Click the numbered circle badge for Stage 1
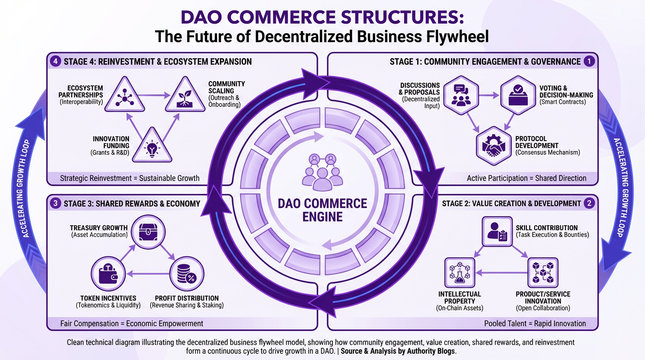click(589, 61)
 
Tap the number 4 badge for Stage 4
click(55, 61)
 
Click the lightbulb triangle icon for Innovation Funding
click(151, 147)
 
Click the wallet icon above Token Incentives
click(107, 273)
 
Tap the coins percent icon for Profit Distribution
click(187, 273)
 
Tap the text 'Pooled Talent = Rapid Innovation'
click(535, 323)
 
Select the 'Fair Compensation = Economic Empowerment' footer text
click(132, 323)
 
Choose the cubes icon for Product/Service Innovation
click(543, 272)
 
